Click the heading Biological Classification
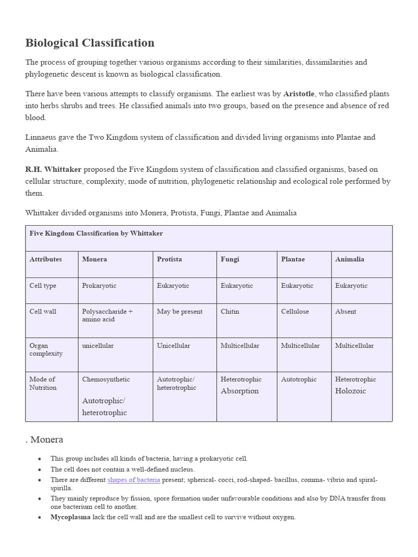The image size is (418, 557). [90, 43]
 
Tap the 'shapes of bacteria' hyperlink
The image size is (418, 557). [134, 480]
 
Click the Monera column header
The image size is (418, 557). [94, 259]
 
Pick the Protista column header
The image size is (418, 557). [170, 259]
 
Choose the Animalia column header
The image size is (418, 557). [349, 259]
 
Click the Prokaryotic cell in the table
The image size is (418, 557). [99, 286]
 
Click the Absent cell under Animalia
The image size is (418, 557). [346, 312]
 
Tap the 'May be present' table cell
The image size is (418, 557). [180, 312]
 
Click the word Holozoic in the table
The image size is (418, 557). [351, 391]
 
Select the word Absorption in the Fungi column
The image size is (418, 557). [239, 391]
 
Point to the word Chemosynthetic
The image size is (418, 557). [106, 379]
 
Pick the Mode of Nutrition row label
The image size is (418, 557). [42, 383]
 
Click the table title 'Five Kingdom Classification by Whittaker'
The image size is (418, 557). [96, 233]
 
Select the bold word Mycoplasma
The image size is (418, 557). [70, 517]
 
